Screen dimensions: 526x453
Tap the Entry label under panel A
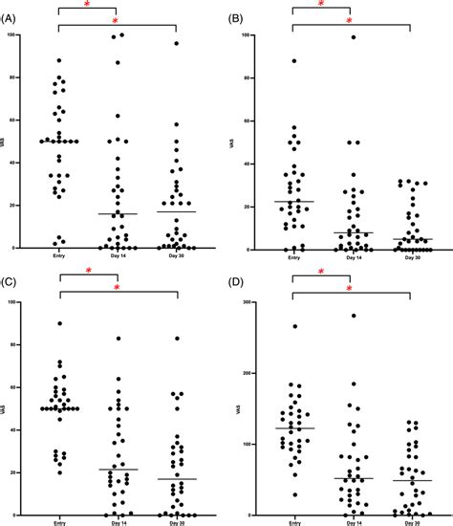[x=59, y=255]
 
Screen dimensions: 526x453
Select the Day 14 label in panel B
[x=350, y=255]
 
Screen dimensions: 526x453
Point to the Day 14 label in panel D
[x=350, y=523]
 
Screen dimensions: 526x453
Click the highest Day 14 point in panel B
[x=352, y=37]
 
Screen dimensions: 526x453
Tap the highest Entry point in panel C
[x=59, y=323]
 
